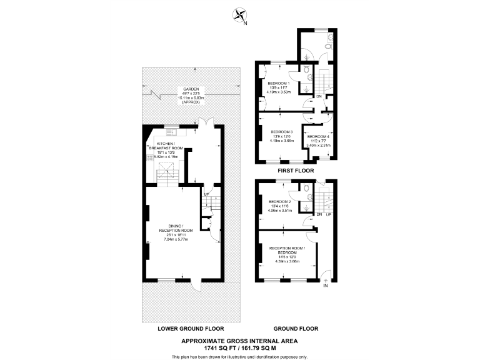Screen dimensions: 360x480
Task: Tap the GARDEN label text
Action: [x=187, y=89]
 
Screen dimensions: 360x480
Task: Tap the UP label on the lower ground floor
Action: [x=207, y=194]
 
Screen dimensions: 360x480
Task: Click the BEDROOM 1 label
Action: [x=279, y=83]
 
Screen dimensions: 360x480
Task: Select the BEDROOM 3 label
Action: [x=282, y=132]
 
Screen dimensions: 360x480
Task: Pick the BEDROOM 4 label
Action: [x=318, y=136]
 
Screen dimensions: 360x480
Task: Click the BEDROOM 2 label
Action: [x=279, y=202]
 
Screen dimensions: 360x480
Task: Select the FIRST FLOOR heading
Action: [x=296, y=170]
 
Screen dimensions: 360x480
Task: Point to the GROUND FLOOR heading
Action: [x=296, y=328]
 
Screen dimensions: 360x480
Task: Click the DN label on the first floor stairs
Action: [x=318, y=97]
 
